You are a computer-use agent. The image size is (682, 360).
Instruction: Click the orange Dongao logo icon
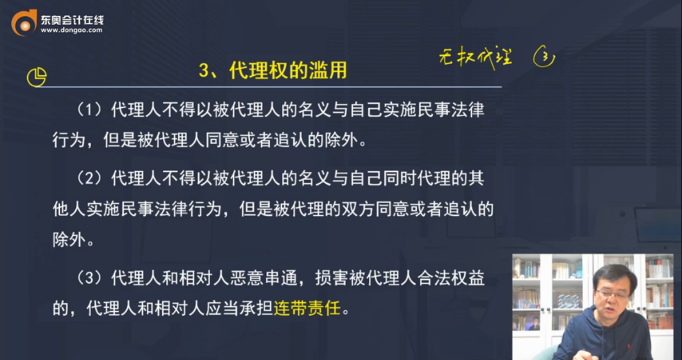24,23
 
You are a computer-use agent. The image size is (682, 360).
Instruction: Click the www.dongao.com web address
71,31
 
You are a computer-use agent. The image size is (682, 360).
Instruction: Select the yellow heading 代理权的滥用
288,70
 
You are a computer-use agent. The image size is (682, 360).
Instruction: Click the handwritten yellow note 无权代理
475,57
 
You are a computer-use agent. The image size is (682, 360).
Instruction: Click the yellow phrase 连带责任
307,308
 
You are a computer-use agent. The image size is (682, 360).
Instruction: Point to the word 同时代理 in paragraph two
416,178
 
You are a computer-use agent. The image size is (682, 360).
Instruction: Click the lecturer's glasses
612,294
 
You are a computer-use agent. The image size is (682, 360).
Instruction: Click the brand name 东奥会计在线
72,20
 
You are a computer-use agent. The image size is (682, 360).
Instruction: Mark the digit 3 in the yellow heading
204,70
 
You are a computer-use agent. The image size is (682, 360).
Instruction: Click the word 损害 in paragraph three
332,278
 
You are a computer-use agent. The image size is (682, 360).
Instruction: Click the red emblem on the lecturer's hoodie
628,346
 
